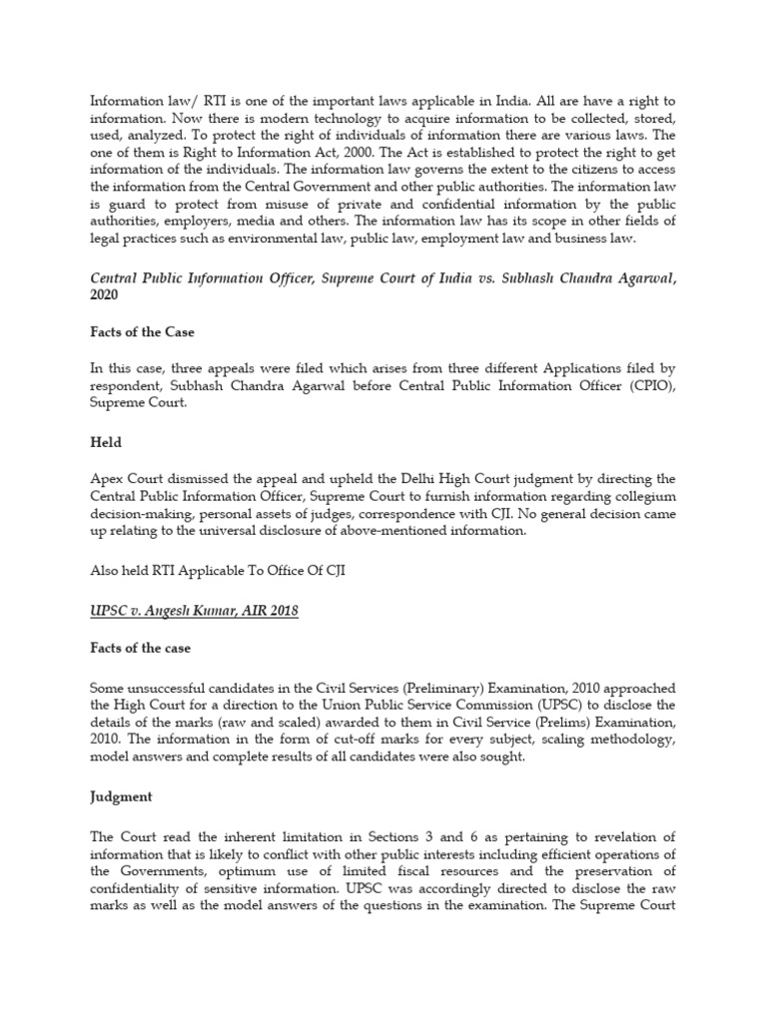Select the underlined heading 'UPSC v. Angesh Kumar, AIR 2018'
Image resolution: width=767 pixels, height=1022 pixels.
[x=194, y=611]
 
